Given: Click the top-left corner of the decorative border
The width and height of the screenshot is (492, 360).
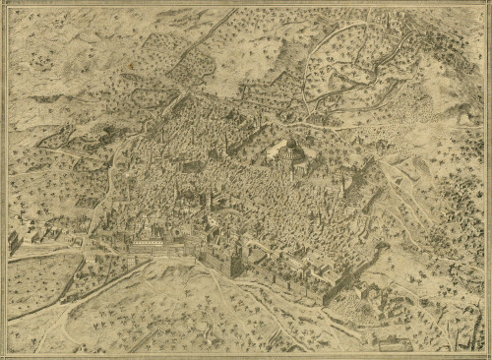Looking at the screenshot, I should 6,6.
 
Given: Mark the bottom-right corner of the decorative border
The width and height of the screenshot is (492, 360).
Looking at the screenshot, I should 486,354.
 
